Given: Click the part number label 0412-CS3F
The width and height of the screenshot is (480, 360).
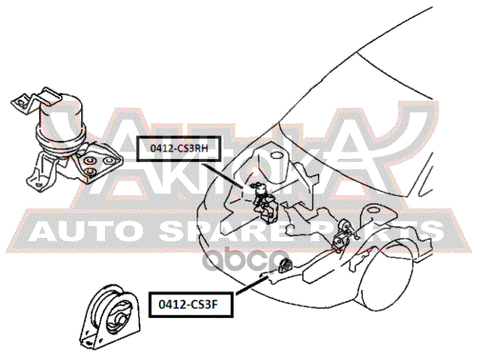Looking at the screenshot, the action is pos(190,304).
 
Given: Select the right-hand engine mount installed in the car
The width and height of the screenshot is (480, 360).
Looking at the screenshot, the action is pos(264,202).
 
